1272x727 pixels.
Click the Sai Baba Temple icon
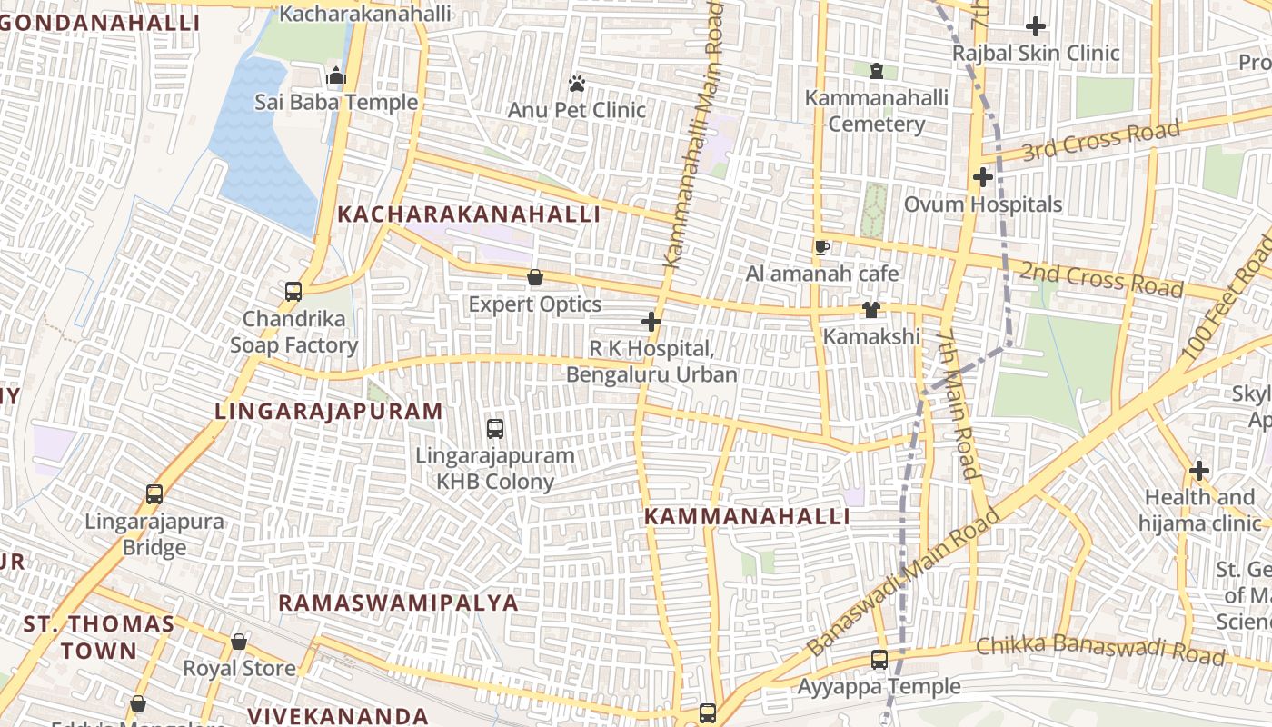tap(336, 76)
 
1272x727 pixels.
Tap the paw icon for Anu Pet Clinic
tap(576, 85)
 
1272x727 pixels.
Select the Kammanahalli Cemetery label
tap(876, 111)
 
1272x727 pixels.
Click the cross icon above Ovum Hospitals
tap(982, 177)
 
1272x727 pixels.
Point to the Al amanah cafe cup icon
tap(821, 247)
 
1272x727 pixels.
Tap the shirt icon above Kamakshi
tap(870, 310)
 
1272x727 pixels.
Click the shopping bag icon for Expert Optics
tap(535, 278)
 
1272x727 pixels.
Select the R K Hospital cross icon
tap(651, 322)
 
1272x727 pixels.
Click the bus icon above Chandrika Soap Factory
tap(293, 292)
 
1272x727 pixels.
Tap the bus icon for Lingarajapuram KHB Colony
tap(495, 428)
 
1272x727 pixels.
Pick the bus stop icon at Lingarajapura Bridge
tap(154, 495)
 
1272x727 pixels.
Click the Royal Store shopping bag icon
tap(239, 642)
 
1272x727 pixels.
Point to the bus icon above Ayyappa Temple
tap(879, 660)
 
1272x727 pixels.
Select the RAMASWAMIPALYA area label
tap(398, 603)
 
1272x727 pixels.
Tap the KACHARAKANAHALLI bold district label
tap(468, 214)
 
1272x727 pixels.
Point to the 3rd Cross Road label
tap(1102, 141)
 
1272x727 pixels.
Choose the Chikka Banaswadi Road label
tap(1100, 650)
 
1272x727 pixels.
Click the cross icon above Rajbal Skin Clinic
tap(1035, 26)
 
